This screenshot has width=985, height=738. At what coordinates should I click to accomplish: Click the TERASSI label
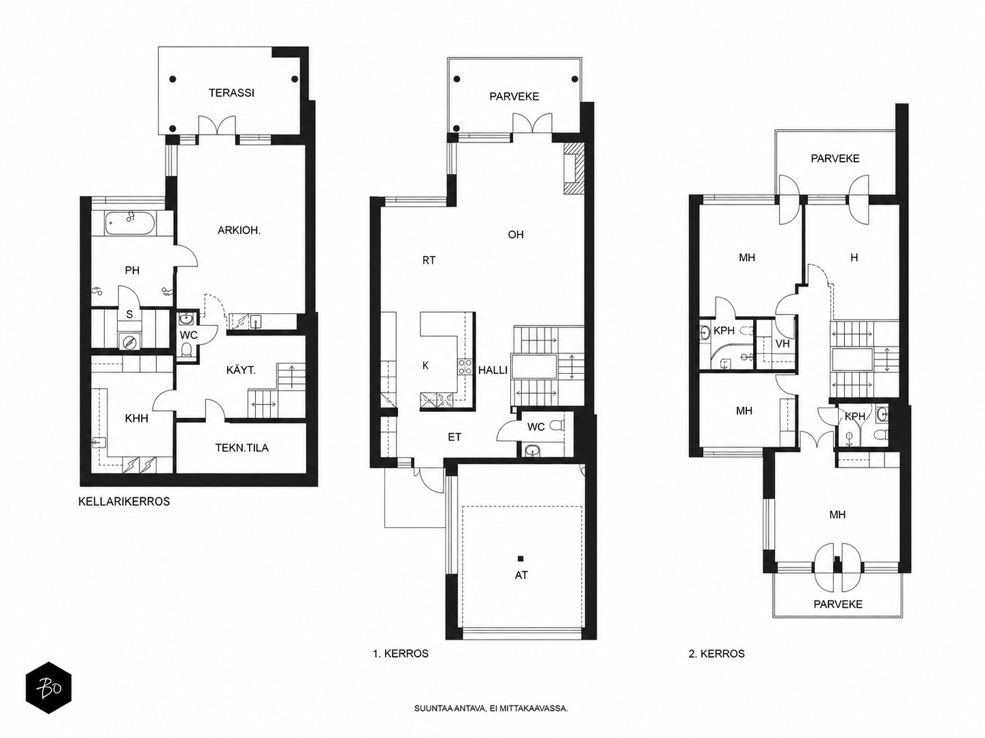pos(231,92)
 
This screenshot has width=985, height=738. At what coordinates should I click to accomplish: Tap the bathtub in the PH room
pos(130,223)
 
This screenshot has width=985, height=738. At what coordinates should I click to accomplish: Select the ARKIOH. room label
pos(239,231)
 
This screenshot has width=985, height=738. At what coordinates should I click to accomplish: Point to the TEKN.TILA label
pos(242,448)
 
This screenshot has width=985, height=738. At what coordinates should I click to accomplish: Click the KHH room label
pos(137,418)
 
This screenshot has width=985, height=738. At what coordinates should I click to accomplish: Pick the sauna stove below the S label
pos(129,342)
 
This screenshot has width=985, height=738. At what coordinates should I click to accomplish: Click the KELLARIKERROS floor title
pos(124,502)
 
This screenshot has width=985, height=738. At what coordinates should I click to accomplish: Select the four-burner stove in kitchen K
pos(465,366)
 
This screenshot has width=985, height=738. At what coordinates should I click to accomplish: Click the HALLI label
pos(492,370)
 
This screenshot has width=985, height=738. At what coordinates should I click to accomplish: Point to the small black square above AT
pos(520,559)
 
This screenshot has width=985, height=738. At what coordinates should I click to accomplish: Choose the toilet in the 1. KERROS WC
pos(557,425)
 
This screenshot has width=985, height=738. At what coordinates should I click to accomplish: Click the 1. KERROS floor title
pos(400,654)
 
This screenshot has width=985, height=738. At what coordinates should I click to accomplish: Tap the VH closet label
pos(782,344)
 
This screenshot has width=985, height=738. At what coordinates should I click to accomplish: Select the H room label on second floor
pos(854,258)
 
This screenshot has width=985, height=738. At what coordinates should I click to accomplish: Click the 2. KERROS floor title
pos(717,654)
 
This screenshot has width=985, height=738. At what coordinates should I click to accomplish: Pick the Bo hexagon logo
pos(49,687)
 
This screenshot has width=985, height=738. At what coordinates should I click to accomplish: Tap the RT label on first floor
pos(429,260)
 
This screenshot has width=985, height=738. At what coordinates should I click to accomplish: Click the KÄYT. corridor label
pos(241,370)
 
